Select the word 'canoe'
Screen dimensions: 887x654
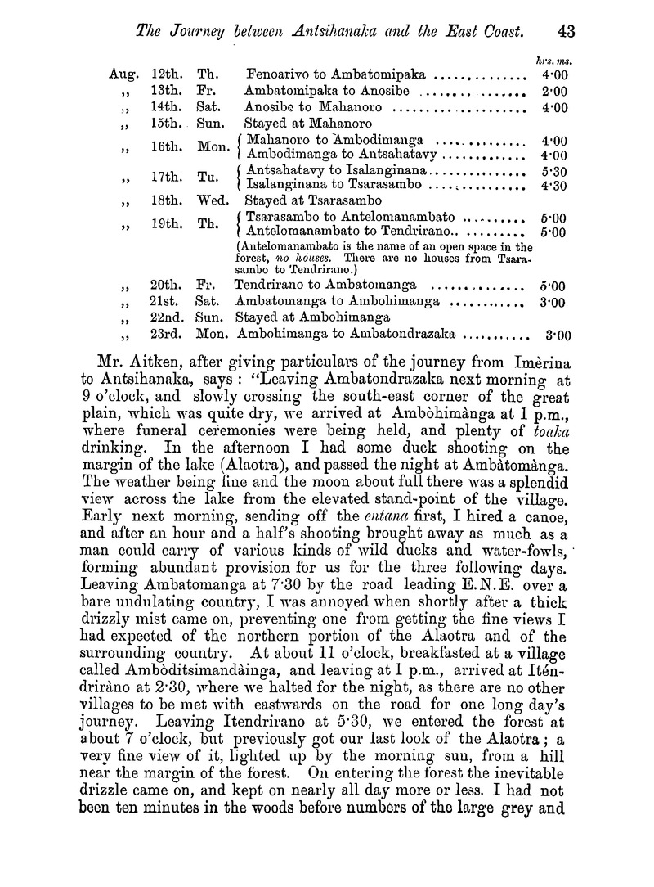point(549,516)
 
